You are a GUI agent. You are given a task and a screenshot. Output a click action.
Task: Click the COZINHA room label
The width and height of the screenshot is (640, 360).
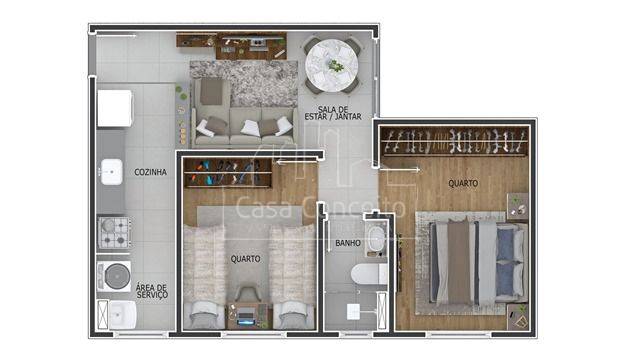tap(151, 172)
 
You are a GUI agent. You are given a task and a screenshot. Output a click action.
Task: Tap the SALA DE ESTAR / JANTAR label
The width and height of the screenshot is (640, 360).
tap(333, 113)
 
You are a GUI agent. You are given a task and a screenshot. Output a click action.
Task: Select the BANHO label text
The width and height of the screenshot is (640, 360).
tap(348, 243)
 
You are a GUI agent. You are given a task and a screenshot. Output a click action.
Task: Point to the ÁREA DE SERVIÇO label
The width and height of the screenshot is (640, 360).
tap(152, 291)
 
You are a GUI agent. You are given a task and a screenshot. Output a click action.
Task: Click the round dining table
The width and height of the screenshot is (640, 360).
tap(331, 66)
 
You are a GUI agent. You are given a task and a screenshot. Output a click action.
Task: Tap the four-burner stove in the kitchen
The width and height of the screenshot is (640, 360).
tap(114, 232)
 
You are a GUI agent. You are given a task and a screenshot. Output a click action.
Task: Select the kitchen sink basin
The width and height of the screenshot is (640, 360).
tap(112, 172)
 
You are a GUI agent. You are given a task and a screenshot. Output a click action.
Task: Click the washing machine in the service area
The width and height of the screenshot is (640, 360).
tap(114, 276)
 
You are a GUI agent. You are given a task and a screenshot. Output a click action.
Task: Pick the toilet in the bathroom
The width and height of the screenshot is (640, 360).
tap(369, 274)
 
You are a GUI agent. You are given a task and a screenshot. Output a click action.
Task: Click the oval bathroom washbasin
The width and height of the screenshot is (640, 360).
tap(376, 240)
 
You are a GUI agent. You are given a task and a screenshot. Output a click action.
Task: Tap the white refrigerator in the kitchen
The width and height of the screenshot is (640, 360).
tap(115, 108)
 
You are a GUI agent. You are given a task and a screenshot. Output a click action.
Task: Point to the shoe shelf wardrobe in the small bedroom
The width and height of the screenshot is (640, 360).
tap(228, 173)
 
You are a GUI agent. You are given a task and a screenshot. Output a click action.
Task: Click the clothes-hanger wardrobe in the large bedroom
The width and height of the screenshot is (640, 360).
tap(454, 141)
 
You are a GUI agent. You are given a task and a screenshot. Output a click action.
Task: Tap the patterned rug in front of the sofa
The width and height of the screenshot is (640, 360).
tap(244, 83)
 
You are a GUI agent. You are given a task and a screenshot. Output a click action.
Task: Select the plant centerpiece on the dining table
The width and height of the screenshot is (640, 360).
tap(336, 65)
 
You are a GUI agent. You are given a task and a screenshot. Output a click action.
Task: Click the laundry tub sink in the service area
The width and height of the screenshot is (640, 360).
tap(122, 315)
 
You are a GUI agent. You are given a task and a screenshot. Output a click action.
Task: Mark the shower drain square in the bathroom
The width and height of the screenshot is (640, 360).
tap(353, 312)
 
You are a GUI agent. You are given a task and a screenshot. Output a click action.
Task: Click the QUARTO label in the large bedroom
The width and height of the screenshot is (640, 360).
tap(463, 184)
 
